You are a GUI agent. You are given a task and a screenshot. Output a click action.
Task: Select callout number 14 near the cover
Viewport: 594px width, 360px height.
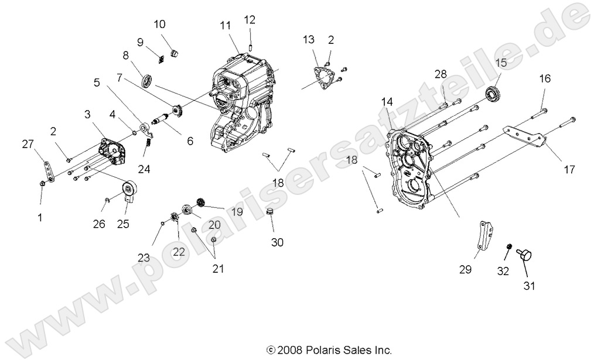tap(387, 102)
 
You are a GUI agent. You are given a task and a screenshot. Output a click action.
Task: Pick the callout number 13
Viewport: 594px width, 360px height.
tap(309, 40)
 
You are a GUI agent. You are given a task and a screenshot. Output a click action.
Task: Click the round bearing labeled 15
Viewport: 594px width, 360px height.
tap(494, 93)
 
